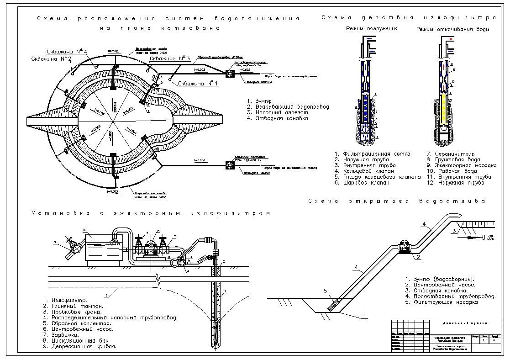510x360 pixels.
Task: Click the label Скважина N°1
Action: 198,84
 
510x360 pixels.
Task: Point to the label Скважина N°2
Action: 51,59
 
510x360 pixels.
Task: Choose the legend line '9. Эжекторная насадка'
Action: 462,165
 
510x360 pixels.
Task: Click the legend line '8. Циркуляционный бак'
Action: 76,341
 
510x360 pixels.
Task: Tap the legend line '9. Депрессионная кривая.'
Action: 80,347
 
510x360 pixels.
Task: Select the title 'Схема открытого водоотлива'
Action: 397,201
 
